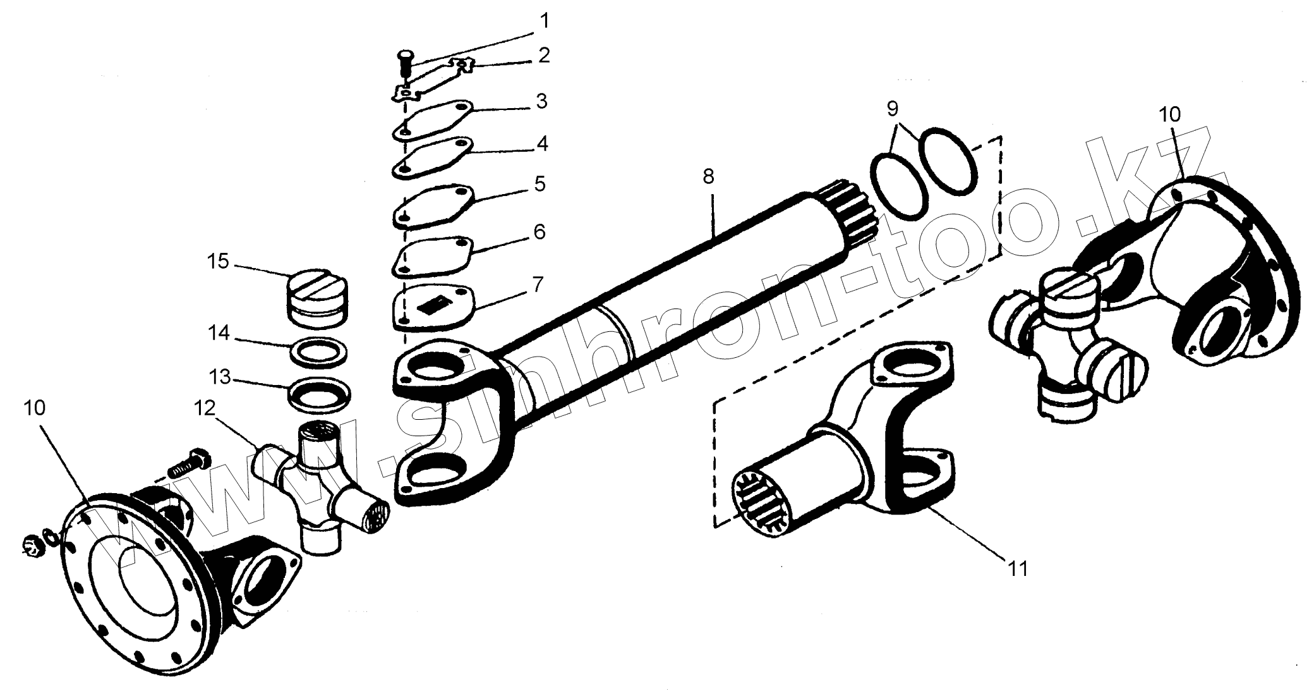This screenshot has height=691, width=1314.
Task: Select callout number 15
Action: click(x=219, y=261)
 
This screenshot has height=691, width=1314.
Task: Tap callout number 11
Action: click(x=1018, y=568)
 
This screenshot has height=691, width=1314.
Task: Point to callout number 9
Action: click(x=892, y=108)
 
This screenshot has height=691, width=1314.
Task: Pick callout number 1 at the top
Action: click(x=543, y=20)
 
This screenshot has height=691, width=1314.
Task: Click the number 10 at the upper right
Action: click(x=1169, y=114)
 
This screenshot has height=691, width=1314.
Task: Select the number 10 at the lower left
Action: click(x=35, y=408)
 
